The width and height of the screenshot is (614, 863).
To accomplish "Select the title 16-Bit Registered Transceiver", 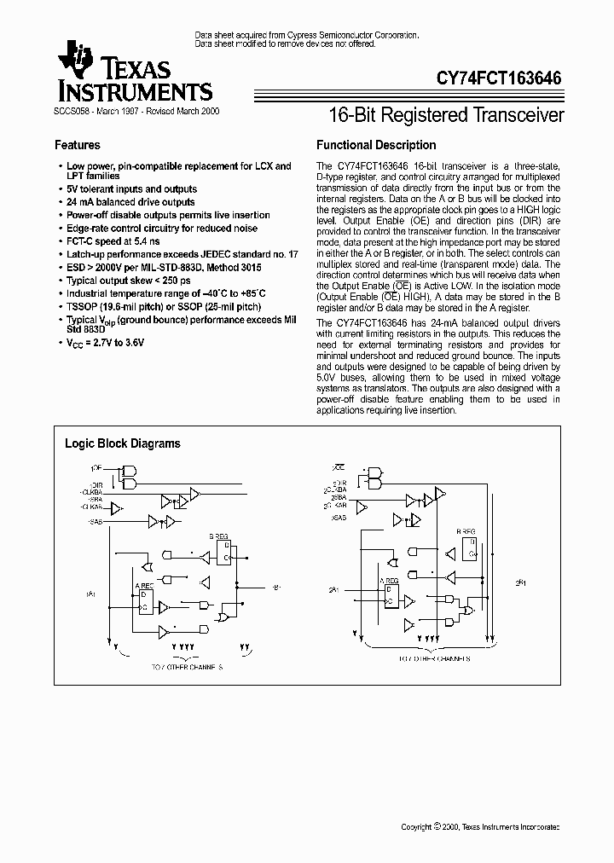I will point(446,115).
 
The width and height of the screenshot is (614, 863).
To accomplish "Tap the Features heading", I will point(78,145).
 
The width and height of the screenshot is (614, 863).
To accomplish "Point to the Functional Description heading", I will point(376,145).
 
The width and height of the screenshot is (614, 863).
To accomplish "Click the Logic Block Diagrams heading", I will point(123,443).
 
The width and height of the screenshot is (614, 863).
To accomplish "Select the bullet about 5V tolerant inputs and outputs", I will point(131,189).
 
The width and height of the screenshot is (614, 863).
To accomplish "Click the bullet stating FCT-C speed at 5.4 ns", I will point(113,241).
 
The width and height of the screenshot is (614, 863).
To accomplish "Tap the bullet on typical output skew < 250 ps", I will point(128,281).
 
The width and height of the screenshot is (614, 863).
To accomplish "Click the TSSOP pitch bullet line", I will point(164,306).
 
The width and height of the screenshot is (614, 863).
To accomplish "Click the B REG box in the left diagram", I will point(221,549).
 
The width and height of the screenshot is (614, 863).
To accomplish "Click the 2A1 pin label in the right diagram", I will point(333,590).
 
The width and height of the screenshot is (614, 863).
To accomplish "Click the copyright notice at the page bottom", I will point(481,827).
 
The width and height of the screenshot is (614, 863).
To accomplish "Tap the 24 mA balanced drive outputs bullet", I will point(130,202).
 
